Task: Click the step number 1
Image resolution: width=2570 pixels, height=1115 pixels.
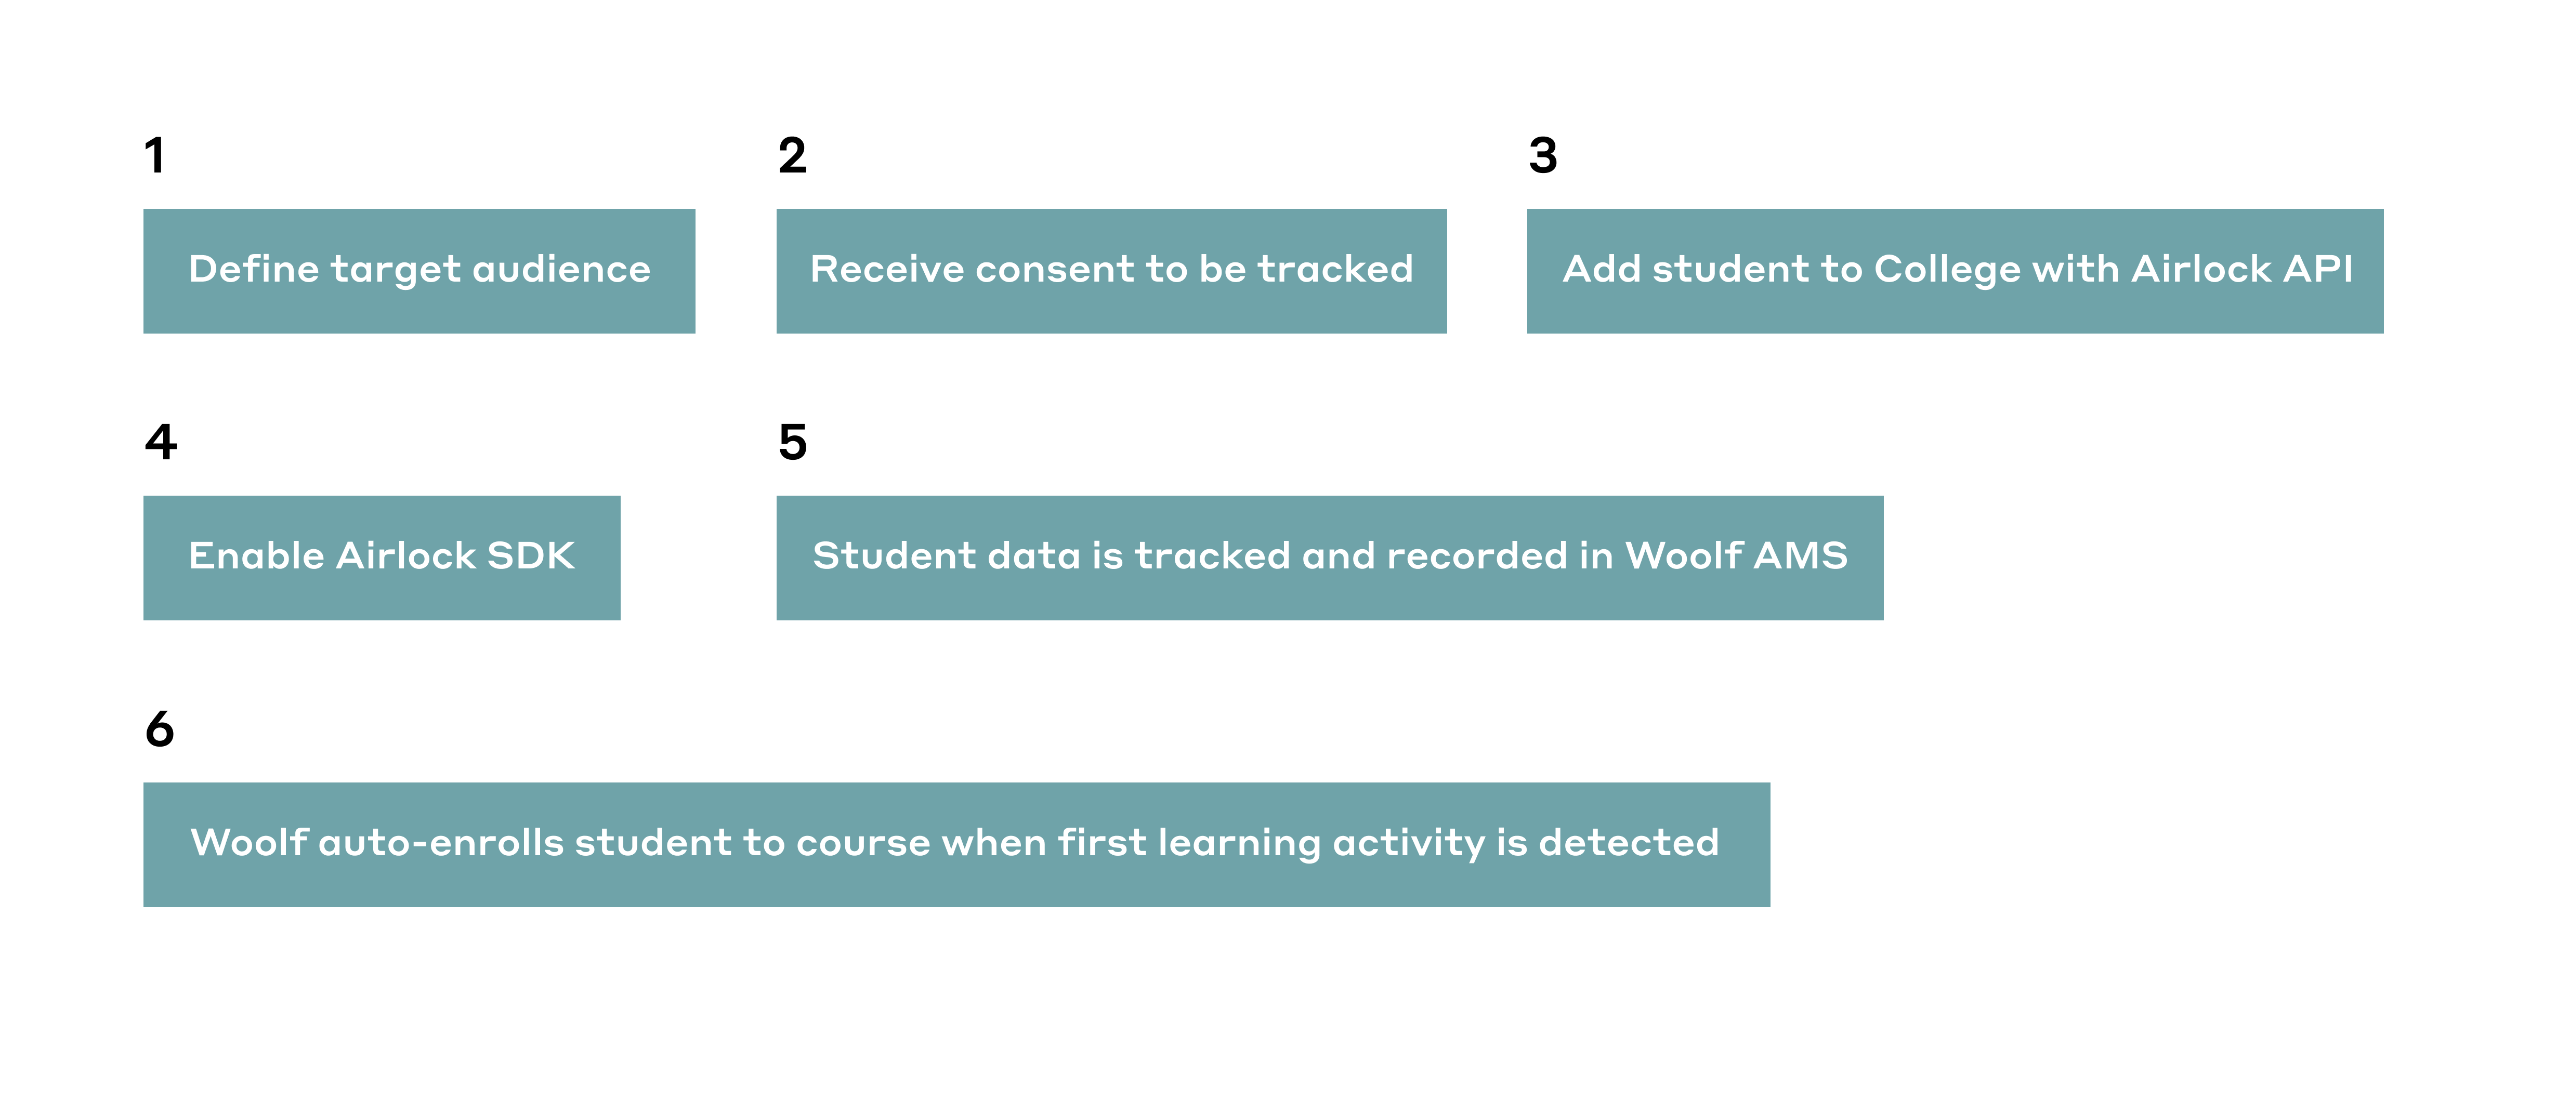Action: tap(154, 155)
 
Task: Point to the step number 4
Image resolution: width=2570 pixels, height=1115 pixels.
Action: tap(161, 442)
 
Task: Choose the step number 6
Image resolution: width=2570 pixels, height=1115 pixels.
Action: tap(160, 729)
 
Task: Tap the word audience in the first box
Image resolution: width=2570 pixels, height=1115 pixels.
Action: tap(562, 269)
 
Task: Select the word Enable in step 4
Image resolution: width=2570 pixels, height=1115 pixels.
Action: tap(257, 555)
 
